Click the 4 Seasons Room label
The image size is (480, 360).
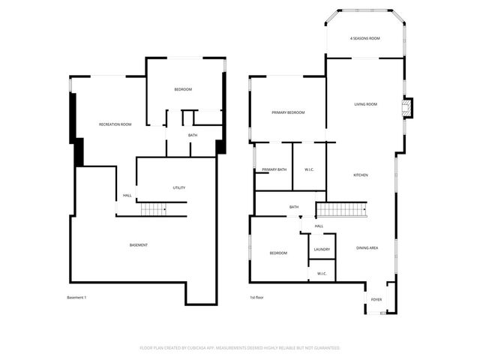click(365, 38)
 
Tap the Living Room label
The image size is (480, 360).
click(365, 104)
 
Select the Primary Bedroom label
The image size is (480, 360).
click(288, 112)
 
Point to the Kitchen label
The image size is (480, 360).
click(361, 175)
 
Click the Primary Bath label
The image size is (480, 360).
click(274, 169)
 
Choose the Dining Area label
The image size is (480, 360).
click(367, 248)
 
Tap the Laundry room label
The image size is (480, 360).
click(322, 249)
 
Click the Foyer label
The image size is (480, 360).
click(376, 300)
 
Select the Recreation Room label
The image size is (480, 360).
click(115, 124)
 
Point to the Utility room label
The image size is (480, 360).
click(178, 187)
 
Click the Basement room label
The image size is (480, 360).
click(138, 245)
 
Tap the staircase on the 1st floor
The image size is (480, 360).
click(340, 208)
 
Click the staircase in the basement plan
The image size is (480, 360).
click(155, 209)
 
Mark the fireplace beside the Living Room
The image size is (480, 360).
click(407, 109)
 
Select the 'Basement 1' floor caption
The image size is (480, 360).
click(76, 298)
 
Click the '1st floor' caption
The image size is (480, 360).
click(256, 298)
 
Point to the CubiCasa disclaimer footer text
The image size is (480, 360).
click(240, 348)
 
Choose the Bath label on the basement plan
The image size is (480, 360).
click(193, 135)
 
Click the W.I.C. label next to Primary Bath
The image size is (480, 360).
click(309, 169)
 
